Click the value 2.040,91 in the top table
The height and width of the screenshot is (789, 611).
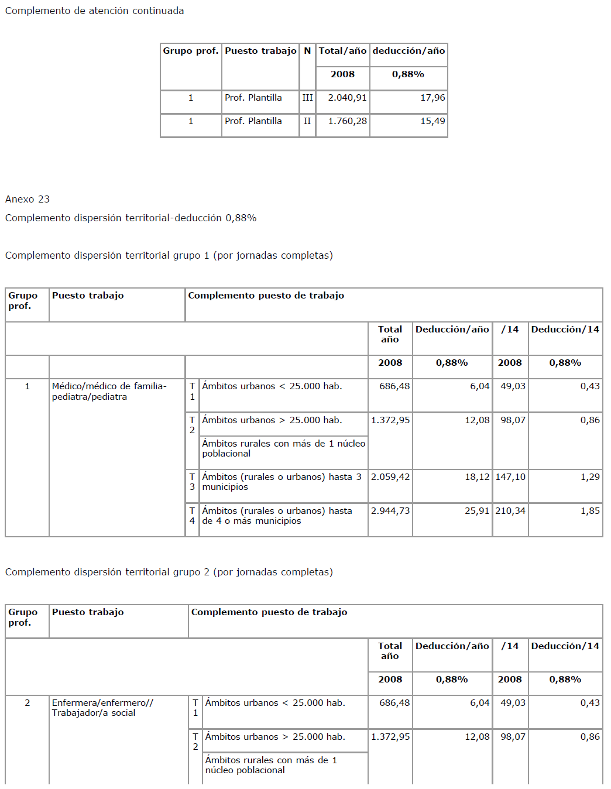point(347,98)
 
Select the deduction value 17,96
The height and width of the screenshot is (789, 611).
point(432,98)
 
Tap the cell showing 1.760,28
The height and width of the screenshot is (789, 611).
point(347,121)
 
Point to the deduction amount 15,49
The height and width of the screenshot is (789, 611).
point(432,121)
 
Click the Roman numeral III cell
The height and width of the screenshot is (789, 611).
point(307,98)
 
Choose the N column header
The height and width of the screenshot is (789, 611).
point(307,51)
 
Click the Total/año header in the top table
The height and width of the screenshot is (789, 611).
point(342,51)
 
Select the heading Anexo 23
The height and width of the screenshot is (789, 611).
point(28,199)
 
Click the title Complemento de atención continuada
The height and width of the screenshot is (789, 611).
point(94,11)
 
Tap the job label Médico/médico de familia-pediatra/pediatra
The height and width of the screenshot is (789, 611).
point(109,391)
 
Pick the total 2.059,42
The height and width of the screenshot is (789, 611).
point(390,477)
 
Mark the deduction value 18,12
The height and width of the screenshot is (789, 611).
point(477,477)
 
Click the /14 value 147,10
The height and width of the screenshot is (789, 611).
point(510,477)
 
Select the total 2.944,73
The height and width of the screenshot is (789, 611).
point(390,511)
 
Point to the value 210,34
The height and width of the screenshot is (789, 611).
point(510,511)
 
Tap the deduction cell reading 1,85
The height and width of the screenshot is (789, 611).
point(590,511)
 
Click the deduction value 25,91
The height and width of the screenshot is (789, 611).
point(477,511)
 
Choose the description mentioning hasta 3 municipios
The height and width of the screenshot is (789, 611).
point(282,482)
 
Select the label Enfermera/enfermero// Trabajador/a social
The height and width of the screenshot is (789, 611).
point(102,708)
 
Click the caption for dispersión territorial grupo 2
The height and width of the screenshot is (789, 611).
point(169,572)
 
